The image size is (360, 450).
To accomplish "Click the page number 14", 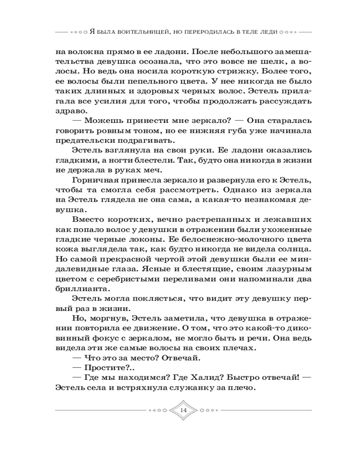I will click(183, 410).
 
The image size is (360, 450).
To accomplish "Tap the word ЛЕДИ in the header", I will click(267, 32).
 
